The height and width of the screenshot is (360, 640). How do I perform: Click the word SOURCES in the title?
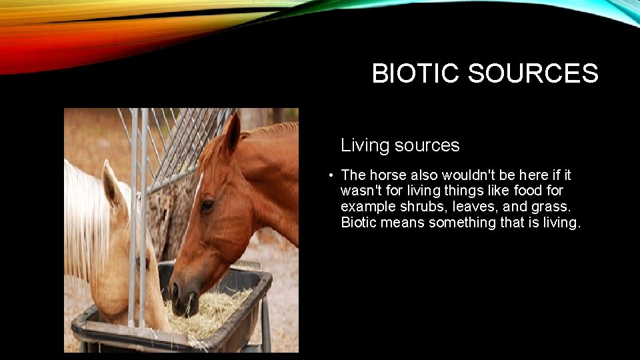[533, 73]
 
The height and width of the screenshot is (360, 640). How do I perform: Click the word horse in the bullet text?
[387, 175]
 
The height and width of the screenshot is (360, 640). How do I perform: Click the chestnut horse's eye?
[207, 205]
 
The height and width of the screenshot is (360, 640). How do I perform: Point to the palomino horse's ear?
[111, 183]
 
